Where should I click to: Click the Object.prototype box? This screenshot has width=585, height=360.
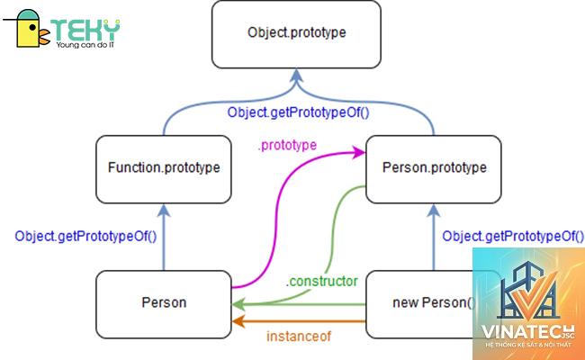296,34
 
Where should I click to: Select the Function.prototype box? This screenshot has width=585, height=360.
164,169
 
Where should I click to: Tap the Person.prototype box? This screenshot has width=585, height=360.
434,169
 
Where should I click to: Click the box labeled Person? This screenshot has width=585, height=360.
164,304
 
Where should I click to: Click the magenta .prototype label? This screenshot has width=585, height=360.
287,145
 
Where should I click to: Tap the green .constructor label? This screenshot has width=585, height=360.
321,281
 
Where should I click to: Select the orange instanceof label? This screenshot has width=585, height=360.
299,336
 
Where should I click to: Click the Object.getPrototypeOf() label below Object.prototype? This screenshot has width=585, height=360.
298,112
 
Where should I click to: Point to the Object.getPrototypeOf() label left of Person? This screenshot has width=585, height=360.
85,236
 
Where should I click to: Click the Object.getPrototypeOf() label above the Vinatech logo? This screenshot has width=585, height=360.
513,236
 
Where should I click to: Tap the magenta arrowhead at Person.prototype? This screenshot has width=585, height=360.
359,152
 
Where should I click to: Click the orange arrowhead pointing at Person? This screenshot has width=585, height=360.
238,320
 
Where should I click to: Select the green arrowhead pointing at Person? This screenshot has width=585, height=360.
238,304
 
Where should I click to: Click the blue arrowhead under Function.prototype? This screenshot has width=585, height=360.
164,211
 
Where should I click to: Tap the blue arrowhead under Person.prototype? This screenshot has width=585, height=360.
434,211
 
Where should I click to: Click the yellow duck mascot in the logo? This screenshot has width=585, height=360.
30,29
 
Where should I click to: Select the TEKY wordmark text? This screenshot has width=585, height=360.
85,30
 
